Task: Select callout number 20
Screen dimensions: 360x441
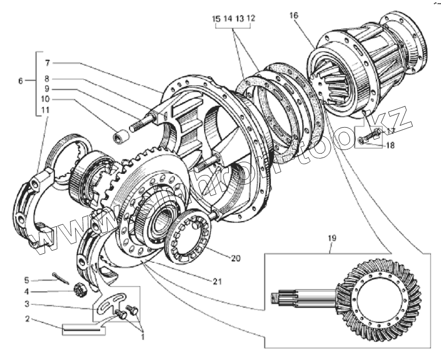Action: click(x=235, y=258)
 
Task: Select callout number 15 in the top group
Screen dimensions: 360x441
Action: click(x=216, y=18)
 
